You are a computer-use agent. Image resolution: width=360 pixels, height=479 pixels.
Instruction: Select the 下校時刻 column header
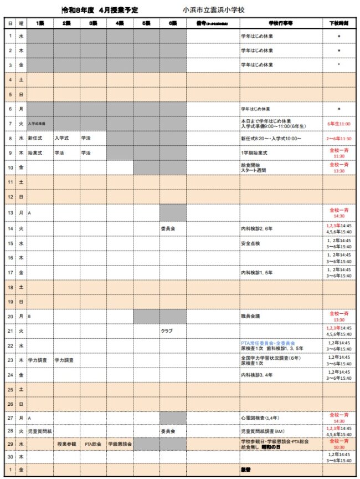[x=338, y=23]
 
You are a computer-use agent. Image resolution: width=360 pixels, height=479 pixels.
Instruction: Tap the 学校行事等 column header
[x=280, y=23]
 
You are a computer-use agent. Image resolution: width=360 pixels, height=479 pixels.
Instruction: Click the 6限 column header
[x=172, y=23]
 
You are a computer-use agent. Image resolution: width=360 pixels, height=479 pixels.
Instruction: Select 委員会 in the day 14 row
[x=168, y=228]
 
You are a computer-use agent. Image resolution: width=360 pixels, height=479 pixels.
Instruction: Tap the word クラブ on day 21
[x=167, y=330]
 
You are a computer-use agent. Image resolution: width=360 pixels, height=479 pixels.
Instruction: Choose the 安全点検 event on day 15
[x=250, y=243]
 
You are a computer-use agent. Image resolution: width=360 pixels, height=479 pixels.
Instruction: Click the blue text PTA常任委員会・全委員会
[x=268, y=343]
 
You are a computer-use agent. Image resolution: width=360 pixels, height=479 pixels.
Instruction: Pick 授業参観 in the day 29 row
[x=66, y=444]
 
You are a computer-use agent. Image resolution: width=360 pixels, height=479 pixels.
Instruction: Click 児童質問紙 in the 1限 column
[x=40, y=430]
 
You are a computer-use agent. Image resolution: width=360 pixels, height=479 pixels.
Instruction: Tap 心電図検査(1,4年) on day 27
[x=260, y=415]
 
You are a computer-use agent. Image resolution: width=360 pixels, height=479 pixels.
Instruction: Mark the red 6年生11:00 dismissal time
[x=338, y=124]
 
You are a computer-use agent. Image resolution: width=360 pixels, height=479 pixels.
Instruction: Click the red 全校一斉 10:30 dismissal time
[x=338, y=444]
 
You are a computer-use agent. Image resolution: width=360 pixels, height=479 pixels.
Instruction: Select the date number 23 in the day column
[x=11, y=360]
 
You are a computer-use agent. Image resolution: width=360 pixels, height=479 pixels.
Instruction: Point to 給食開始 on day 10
[x=250, y=164]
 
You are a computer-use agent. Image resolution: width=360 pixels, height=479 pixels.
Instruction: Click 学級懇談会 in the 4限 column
[x=119, y=444]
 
